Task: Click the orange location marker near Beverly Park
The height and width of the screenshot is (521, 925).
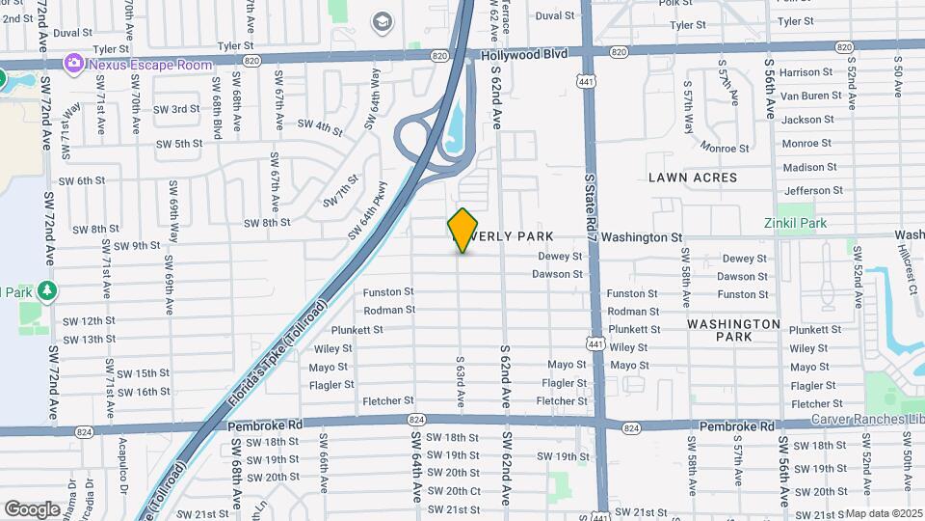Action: pyautogui.click(x=463, y=230)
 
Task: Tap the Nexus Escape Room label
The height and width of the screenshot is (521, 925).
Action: pyautogui.click(x=149, y=65)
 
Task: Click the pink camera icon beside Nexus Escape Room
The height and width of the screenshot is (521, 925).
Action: pyautogui.click(x=73, y=64)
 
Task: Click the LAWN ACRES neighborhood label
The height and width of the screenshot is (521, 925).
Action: pyautogui.click(x=693, y=178)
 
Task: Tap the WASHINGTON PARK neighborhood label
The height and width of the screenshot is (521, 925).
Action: pyautogui.click(x=734, y=330)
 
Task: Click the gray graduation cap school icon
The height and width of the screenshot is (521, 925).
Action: pyautogui.click(x=383, y=21)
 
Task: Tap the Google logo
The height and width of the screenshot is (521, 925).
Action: pyautogui.click(x=32, y=508)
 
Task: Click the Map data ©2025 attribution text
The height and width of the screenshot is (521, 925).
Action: pyautogui.click(x=884, y=514)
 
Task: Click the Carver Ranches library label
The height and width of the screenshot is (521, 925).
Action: pyautogui.click(x=867, y=420)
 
